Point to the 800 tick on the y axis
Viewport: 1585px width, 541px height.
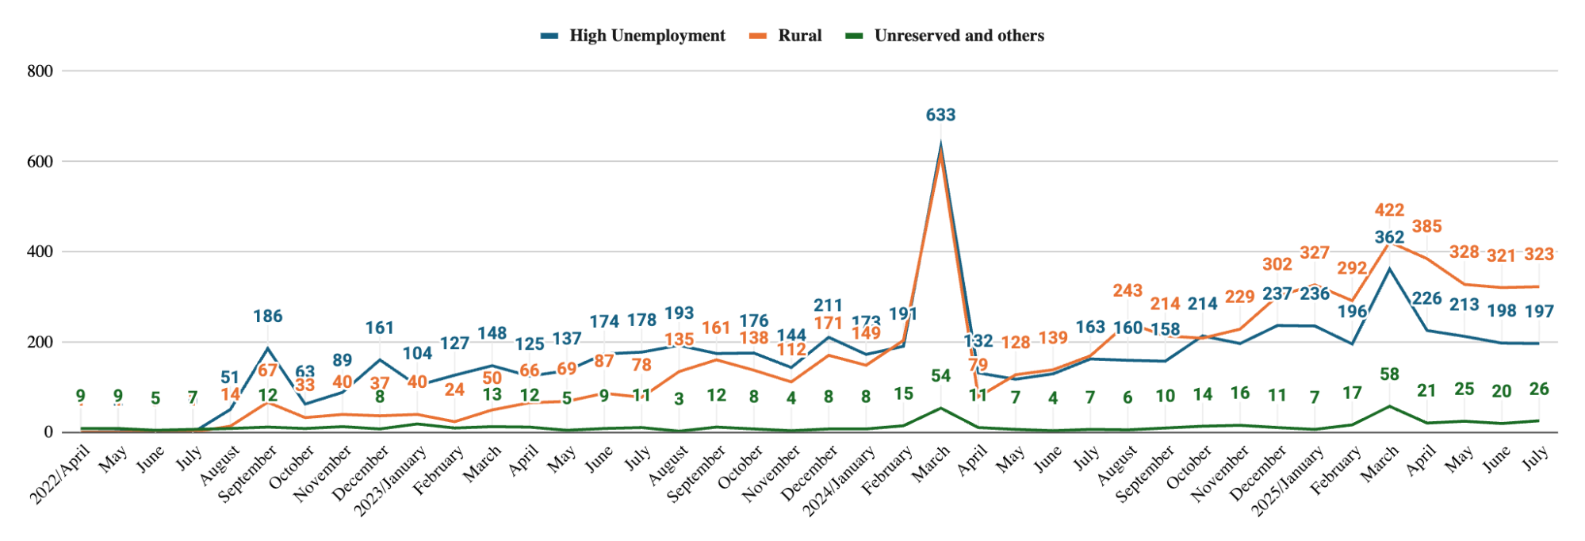click(x=40, y=71)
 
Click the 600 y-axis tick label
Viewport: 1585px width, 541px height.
click(x=40, y=162)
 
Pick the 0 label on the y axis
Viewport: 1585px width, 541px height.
click(x=48, y=432)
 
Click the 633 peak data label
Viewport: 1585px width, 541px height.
click(x=940, y=115)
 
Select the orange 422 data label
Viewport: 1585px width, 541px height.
click(x=1389, y=210)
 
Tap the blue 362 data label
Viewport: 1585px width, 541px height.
click(x=1389, y=237)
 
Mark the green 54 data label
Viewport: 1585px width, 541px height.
click(x=940, y=376)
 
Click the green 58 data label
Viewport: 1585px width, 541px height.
click(x=1389, y=374)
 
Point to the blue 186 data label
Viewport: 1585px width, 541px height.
click(x=268, y=317)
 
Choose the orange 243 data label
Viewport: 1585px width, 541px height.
click(x=1127, y=291)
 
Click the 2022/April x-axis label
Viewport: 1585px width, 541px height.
click(x=61, y=475)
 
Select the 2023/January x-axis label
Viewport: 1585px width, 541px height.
click(x=391, y=482)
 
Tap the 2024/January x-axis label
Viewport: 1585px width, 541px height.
click(x=840, y=482)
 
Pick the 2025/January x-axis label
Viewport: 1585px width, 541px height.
click(x=1288, y=482)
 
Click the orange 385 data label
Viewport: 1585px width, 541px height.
click(x=1426, y=227)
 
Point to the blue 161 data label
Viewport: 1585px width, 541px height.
click(x=380, y=328)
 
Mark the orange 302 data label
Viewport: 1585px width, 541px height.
click(x=1277, y=265)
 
